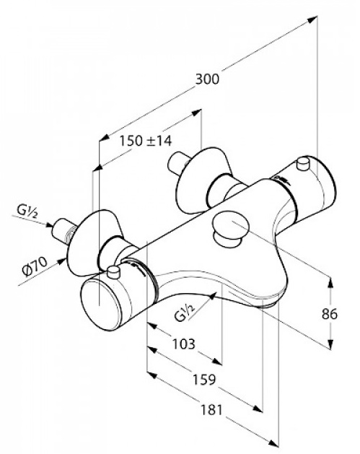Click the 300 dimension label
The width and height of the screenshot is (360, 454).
207,79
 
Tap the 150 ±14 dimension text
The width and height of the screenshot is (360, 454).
146,141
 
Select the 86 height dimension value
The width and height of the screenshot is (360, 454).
329,314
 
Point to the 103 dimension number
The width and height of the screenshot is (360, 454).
184,344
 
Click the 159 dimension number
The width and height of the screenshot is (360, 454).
205,380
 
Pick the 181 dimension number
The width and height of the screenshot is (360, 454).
211,410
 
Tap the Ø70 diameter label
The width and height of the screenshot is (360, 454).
35,266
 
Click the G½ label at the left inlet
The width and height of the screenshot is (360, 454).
27,211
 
